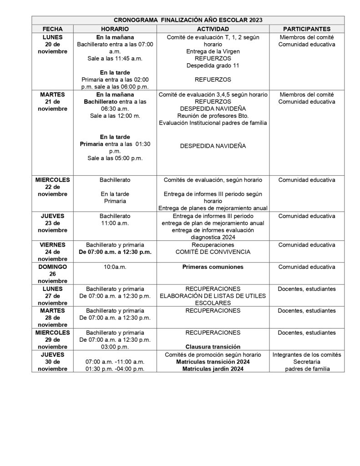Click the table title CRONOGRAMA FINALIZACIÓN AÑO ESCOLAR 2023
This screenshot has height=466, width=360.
(x=188, y=20)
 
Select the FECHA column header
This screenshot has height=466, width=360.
(x=52, y=28)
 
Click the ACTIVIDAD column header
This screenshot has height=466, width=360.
(x=213, y=28)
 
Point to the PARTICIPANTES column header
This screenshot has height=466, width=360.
(x=307, y=28)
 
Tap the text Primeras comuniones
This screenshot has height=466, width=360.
(x=213, y=267)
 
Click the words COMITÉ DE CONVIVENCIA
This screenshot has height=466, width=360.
(x=213, y=252)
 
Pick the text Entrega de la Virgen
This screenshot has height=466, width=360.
(x=213, y=51)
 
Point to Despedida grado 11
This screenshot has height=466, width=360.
(x=213, y=66)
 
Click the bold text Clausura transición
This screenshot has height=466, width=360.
(x=213, y=347)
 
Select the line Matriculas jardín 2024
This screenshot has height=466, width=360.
(x=213, y=369)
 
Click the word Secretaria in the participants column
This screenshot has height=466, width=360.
(x=307, y=362)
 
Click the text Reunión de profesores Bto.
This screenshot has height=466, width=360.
(x=213, y=116)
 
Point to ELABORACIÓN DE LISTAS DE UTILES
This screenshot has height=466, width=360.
(x=213, y=296)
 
